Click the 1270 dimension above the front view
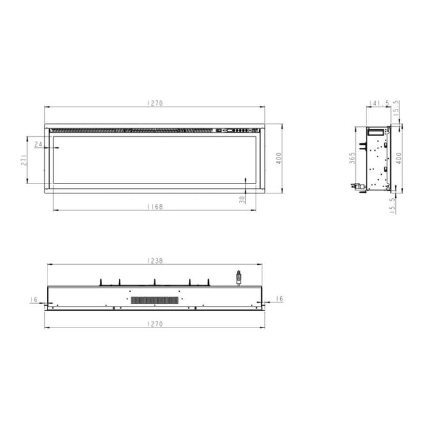[155, 103]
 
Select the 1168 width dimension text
[155, 207]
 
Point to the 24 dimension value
[39, 145]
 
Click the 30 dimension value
[242, 199]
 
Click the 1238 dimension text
[155, 260]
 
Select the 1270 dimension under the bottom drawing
[155, 323]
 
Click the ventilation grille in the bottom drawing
[155, 300]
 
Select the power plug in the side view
[355, 184]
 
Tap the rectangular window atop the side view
[375, 131]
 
